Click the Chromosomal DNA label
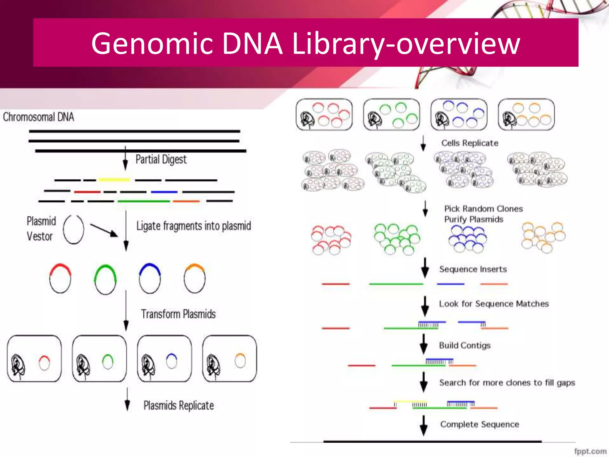point(38,117)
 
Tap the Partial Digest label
point(161,159)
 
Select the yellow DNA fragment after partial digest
point(114,180)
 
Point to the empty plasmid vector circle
point(73,229)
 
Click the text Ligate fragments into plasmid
point(194,226)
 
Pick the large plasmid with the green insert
point(105,279)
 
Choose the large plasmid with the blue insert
point(150,278)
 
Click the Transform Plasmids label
point(178,314)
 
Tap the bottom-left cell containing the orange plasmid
point(229,359)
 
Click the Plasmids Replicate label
point(178,406)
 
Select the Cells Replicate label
point(470,143)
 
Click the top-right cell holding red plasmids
point(324,115)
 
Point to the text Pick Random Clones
point(483,209)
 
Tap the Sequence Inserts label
point(473,269)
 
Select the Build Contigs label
point(464,345)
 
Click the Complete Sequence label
point(479,424)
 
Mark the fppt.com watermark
point(590,451)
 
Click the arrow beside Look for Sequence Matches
point(425,306)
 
